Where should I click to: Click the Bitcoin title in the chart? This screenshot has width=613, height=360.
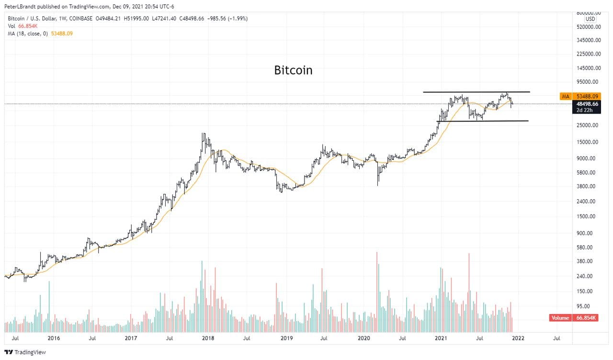click(x=293, y=70)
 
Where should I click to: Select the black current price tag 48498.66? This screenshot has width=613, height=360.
click(x=585, y=104)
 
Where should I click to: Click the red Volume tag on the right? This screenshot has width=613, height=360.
click(x=559, y=318)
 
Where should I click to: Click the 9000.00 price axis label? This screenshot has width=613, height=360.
click(x=586, y=158)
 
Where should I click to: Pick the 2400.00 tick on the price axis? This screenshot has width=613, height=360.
click(x=586, y=202)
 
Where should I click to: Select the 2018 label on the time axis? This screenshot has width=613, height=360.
click(x=208, y=338)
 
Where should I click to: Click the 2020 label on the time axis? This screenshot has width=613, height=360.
click(x=364, y=338)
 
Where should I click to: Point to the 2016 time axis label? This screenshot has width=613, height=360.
click(x=54, y=338)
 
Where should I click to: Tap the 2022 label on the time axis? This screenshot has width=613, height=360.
click(x=518, y=338)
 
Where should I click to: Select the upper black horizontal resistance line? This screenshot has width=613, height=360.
click(x=476, y=91)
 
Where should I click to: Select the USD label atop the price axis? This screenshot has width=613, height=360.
click(x=590, y=18)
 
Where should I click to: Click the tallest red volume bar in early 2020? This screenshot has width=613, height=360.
click(x=377, y=292)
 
